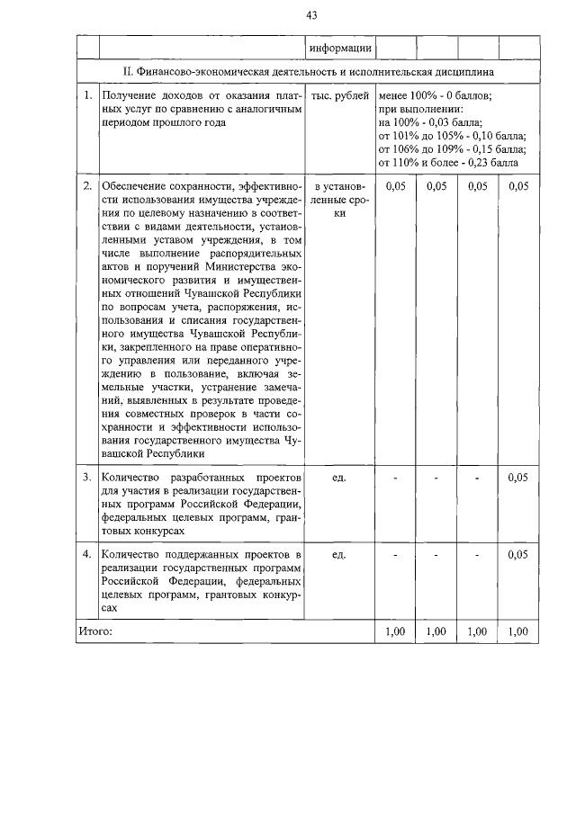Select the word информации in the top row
[339, 48]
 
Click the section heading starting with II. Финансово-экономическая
[309, 71]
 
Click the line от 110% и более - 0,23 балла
[449, 163]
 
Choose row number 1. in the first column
[87, 94]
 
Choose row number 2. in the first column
[87, 186]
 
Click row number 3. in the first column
[87, 477]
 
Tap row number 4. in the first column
[87, 555]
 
